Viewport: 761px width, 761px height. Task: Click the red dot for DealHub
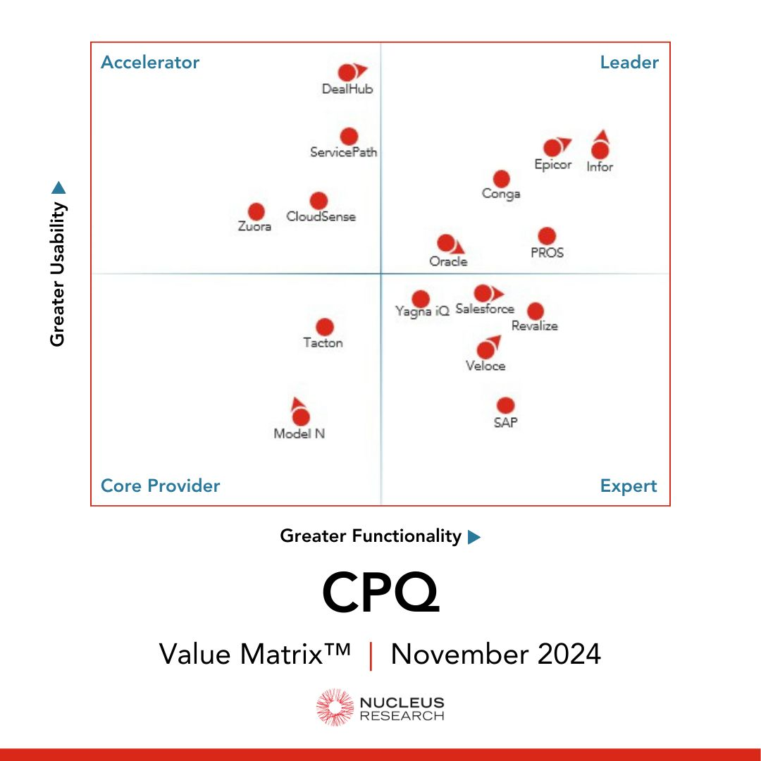pos(347,73)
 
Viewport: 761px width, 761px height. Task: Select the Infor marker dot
pos(600,150)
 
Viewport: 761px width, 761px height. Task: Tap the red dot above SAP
pos(505,405)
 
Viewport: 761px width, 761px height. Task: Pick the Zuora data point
pos(256,211)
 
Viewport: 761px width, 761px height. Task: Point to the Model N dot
pos(301,417)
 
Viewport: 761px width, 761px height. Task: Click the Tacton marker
pos(324,327)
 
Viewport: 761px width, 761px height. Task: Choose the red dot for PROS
pos(547,236)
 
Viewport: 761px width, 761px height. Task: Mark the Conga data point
pos(501,179)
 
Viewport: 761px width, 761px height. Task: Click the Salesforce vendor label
pos(485,309)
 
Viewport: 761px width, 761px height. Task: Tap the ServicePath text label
pos(344,152)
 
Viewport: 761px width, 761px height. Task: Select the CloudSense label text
pos(321,217)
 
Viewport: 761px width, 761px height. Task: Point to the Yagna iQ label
pos(422,311)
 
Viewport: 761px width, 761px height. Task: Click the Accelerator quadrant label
pos(150,63)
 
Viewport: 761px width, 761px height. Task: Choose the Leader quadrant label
pos(629,63)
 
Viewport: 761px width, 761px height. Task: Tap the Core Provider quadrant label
pos(161,486)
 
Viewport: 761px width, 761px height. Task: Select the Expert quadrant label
pos(629,486)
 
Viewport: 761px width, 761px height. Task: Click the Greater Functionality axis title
pos(371,536)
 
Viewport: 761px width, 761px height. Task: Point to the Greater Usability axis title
pos(58,275)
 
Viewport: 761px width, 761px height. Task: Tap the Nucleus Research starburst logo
pos(334,707)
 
